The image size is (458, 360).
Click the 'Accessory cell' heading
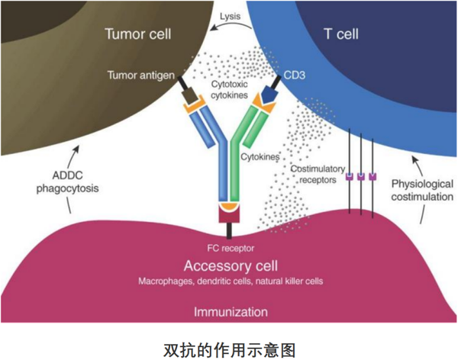229,265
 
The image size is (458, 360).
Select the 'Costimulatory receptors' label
317,173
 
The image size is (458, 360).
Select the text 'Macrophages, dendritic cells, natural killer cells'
229,281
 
